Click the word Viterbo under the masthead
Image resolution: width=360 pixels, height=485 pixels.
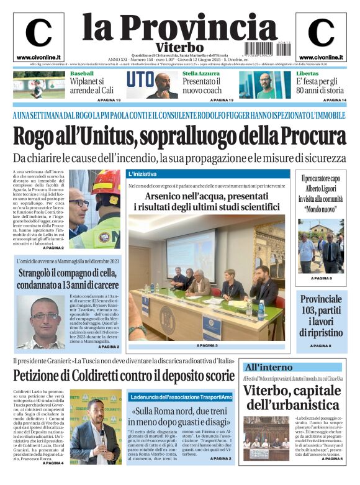point(179,47)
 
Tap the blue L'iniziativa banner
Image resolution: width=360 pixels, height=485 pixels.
point(205,174)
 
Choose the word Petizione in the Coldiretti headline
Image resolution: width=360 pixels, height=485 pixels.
point(48,376)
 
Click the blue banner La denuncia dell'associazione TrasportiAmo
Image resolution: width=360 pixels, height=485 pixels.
point(181,396)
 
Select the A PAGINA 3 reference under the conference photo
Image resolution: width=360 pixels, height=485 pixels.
point(207,345)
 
